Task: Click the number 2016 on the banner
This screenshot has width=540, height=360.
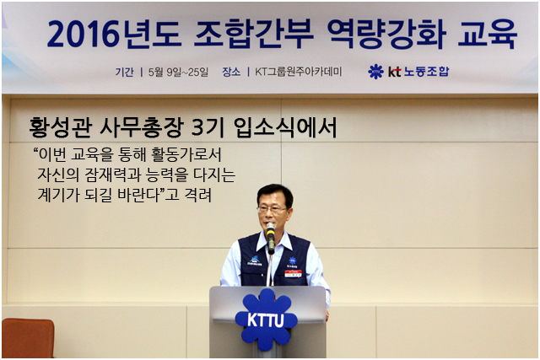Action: [x=83, y=34]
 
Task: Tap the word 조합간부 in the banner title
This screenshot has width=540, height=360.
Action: [x=253, y=34]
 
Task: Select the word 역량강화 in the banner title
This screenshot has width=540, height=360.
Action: [x=386, y=34]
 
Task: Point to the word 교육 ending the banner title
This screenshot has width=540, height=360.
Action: [x=488, y=34]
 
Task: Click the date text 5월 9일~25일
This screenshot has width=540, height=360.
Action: [x=178, y=72]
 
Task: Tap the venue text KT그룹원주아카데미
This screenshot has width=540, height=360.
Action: [x=298, y=72]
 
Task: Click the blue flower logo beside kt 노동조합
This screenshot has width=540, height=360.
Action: [x=375, y=72]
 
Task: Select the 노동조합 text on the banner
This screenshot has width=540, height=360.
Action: [x=426, y=72]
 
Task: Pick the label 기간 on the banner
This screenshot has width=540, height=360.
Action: [x=124, y=72]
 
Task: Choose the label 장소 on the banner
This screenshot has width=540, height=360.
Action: [x=231, y=72]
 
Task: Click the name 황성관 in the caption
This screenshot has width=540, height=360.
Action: [x=61, y=127]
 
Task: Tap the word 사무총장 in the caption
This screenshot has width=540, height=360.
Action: [x=141, y=127]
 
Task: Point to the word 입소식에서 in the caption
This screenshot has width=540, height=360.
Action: [x=285, y=127]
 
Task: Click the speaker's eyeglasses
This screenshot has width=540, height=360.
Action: [x=272, y=209]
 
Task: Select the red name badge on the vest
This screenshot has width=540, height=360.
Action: [x=293, y=274]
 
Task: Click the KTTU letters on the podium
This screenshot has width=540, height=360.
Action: [x=266, y=320]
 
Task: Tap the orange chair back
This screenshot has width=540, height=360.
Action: [x=28, y=338]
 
